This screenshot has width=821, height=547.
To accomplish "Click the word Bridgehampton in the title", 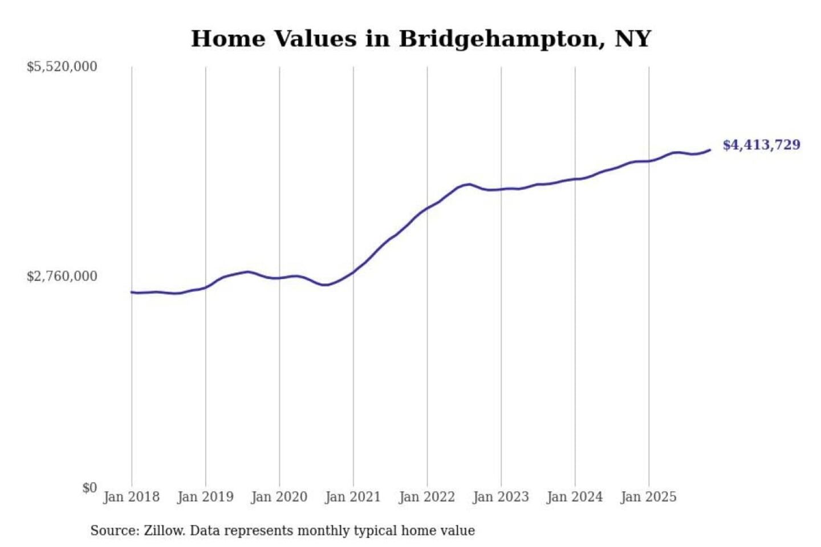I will [502, 39].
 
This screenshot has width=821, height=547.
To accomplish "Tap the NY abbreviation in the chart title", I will [633, 39].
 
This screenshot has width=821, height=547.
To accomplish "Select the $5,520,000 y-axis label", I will [62, 67].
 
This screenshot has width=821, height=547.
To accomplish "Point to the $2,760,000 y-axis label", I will [62, 276].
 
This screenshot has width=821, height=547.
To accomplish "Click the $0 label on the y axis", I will [90, 488].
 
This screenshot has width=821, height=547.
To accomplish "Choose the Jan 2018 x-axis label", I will [131, 497].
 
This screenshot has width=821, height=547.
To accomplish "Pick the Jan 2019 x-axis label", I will [205, 497].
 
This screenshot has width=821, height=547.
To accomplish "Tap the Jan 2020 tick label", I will [279, 497].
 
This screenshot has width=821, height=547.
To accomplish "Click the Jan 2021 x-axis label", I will [353, 497].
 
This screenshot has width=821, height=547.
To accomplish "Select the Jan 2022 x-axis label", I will [427, 497].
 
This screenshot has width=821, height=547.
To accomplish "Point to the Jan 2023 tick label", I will [501, 497].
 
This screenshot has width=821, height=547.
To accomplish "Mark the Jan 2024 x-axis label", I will [575, 497].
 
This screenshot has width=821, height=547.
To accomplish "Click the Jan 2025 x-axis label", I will [648, 497].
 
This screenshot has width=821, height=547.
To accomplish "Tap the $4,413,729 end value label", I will [761, 145].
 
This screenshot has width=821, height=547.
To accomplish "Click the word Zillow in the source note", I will [164, 530].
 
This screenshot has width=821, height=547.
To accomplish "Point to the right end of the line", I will [710, 150].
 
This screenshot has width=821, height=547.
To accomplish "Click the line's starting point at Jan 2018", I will [132, 292].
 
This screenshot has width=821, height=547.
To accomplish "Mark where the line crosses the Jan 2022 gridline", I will [427, 209].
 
